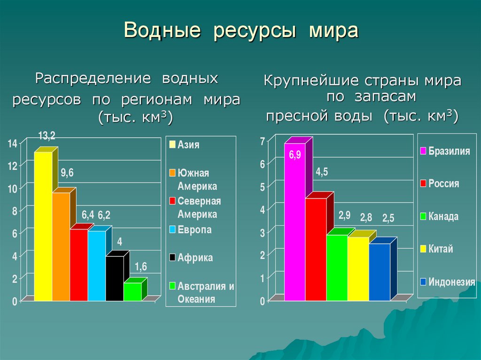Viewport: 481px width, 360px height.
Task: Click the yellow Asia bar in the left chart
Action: pos(43,225)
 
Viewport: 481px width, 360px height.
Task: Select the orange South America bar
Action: pos(61,246)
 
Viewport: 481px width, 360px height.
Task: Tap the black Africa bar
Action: pos(115,278)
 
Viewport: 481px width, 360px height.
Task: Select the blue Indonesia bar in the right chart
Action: pos(380,272)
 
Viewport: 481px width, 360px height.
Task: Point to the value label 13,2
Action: pos(47,136)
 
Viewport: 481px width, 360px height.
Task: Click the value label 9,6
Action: pos(67,173)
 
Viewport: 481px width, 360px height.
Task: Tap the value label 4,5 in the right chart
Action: pos(322,172)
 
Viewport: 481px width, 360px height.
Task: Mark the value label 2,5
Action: pos(388,218)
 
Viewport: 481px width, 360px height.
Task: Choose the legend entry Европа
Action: pos(194,230)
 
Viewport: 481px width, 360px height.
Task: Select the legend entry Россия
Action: pos(443,184)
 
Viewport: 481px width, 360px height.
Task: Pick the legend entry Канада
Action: pos(443,216)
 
